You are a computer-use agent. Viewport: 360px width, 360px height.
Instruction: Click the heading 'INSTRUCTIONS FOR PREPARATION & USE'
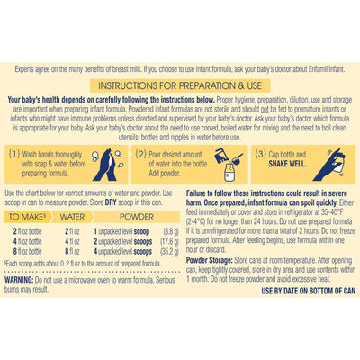click(x=179, y=84)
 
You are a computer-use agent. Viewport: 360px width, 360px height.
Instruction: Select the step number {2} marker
click(x=141, y=154)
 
